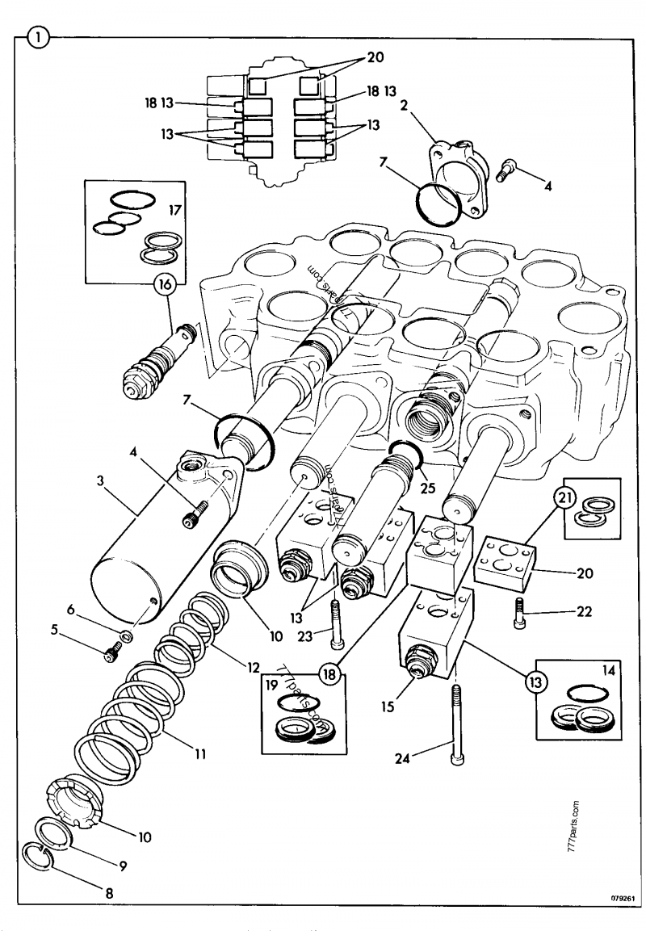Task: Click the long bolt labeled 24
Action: (458, 721)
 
